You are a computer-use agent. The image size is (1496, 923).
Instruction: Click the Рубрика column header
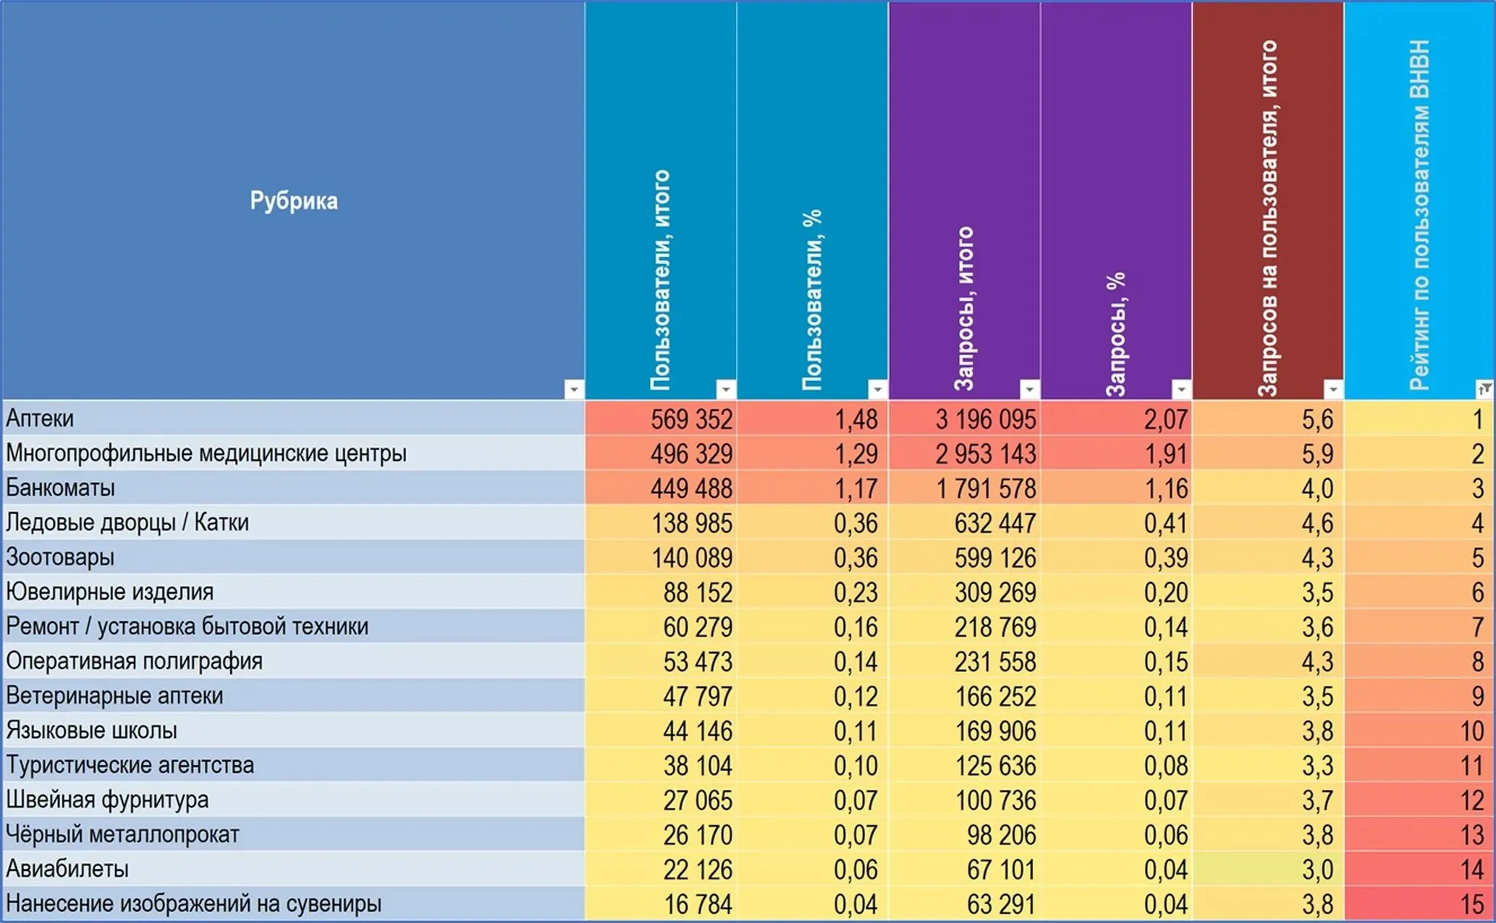tap(294, 200)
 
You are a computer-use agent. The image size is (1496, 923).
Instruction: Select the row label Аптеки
tap(40, 419)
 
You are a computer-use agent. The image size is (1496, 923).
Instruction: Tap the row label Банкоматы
tap(60, 488)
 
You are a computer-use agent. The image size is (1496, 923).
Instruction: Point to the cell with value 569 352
tap(691, 420)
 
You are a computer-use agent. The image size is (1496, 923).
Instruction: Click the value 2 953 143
tap(986, 454)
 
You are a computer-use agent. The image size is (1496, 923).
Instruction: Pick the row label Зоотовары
tap(60, 558)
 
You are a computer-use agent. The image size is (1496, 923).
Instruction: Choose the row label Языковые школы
tap(91, 731)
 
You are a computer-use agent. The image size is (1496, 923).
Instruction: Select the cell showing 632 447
tap(995, 523)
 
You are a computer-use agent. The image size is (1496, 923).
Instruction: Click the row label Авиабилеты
tap(67, 869)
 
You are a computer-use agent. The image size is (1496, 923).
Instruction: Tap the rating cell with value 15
tap(1472, 904)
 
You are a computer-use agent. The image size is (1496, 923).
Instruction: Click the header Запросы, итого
tap(965, 309)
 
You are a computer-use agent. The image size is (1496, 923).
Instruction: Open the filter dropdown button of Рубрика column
tap(574, 389)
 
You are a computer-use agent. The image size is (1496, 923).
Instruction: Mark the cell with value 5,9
tap(1317, 454)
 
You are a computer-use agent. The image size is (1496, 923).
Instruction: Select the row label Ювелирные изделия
tap(109, 592)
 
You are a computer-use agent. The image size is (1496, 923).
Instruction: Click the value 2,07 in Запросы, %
tap(1166, 420)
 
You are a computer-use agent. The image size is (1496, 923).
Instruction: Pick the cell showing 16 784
tap(698, 904)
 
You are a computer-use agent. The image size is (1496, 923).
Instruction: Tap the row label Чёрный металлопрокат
tap(122, 835)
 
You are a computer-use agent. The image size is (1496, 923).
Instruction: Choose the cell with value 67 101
tap(1002, 869)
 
